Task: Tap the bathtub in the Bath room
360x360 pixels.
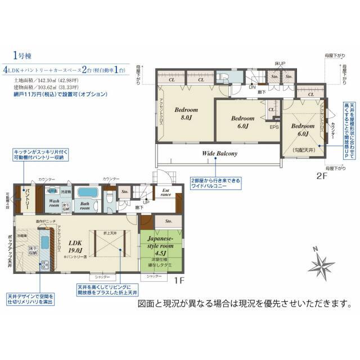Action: pyautogui.click(x=87, y=192)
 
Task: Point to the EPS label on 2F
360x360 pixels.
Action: pyautogui.click(x=274, y=128)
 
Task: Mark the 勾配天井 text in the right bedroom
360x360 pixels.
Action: pyautogui.click(x=303, y=149)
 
